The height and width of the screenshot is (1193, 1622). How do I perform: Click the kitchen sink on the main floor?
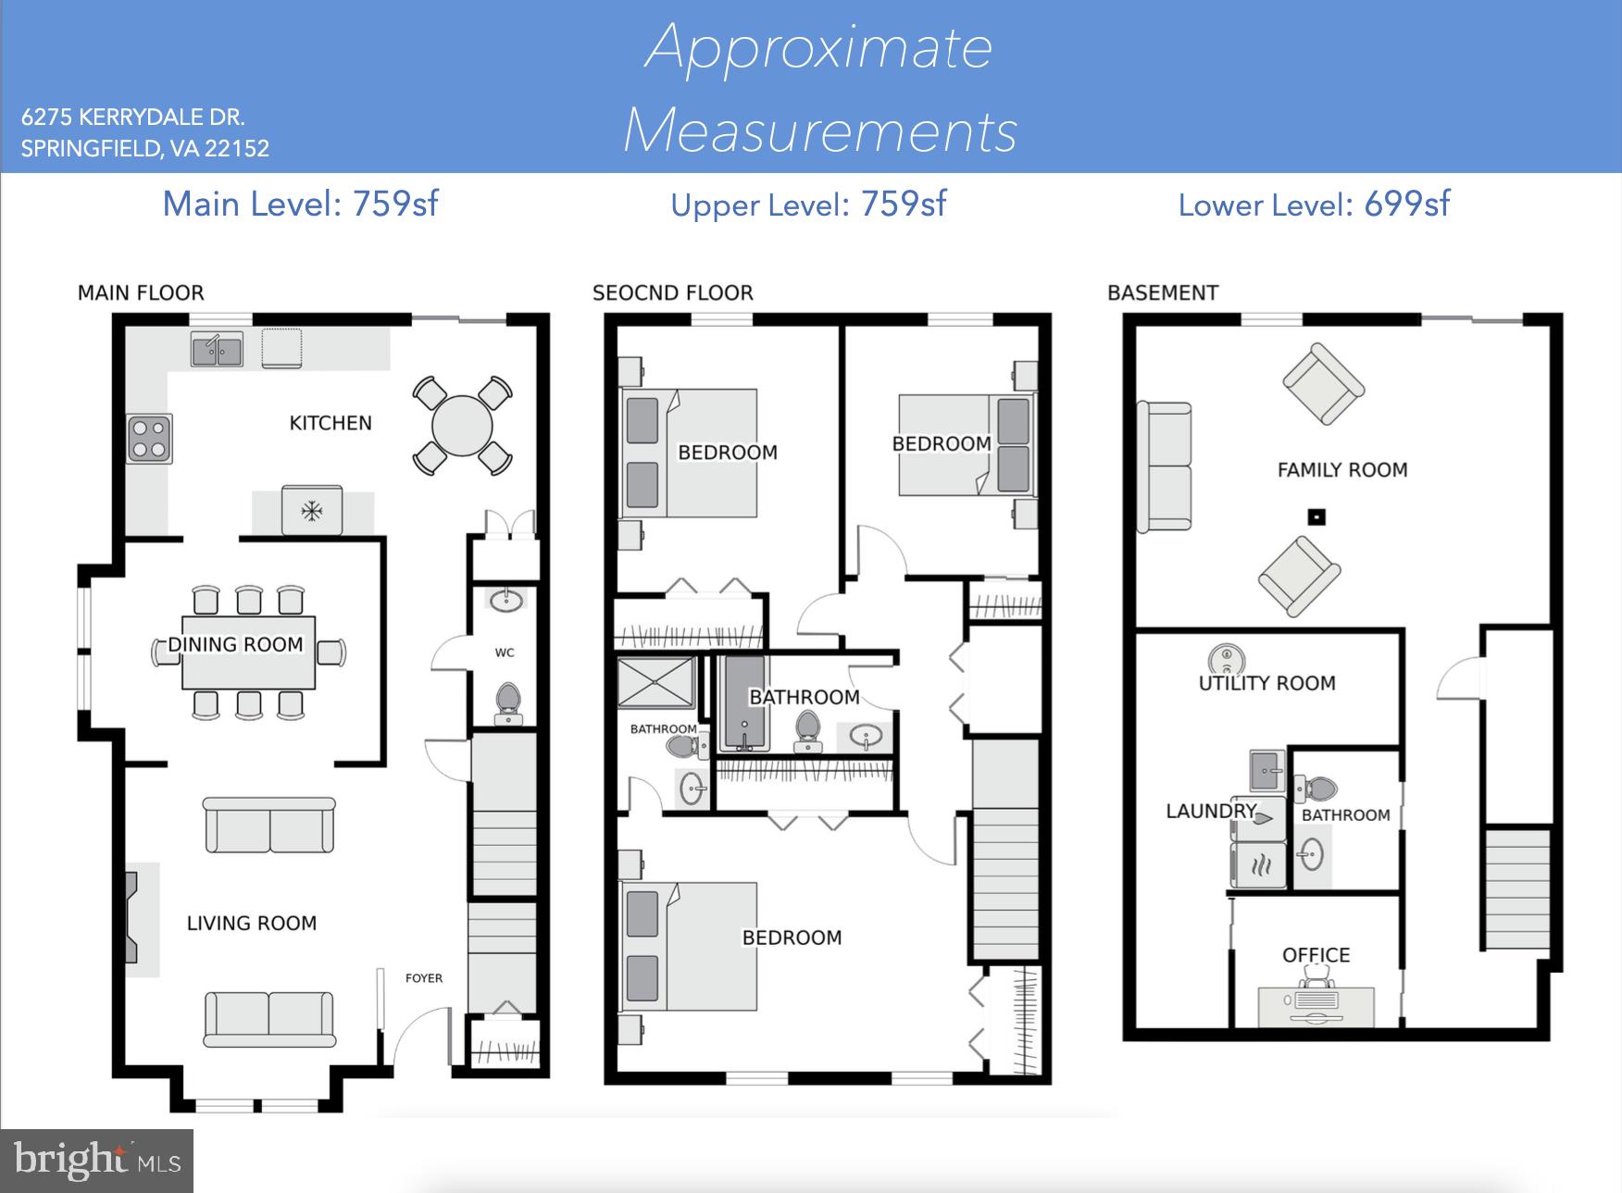point(218,350)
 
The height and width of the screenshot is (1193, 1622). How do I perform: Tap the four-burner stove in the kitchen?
point(149,439)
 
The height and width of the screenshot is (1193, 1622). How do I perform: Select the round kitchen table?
point(462,427)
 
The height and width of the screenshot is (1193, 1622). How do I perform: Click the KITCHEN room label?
point(331,423)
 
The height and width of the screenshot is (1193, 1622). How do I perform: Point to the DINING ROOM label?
point(235,644)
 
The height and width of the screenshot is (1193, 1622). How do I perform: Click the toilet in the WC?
point(508,702)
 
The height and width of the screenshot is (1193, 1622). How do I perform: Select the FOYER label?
point(424,977)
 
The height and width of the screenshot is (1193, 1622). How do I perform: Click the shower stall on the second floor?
point(655,683)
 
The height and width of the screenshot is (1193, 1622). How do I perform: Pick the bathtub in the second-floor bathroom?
point(744,702)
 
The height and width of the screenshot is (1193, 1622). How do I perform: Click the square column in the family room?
point(1316,516)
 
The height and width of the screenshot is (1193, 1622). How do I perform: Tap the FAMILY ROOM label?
point(1341,470)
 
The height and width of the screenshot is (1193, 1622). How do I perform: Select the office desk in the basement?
point(1316,1005)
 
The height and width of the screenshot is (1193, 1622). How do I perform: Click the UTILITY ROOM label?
point(1266,683)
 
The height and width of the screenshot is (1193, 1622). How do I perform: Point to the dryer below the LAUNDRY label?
point(1258,866)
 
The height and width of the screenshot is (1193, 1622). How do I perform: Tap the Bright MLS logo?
point(97,1161)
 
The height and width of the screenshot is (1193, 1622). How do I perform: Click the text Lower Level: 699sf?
point(1314,205)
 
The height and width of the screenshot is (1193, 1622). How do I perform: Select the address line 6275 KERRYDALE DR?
point(132,118)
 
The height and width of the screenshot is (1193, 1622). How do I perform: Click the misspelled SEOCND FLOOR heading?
point(672,293)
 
